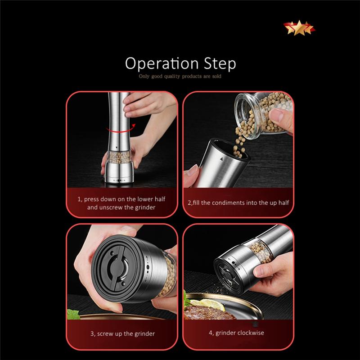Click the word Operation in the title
click(x=162, y=63)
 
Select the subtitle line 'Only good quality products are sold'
click(x=180, y=76)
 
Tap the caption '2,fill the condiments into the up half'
click(x=238, y=203)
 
